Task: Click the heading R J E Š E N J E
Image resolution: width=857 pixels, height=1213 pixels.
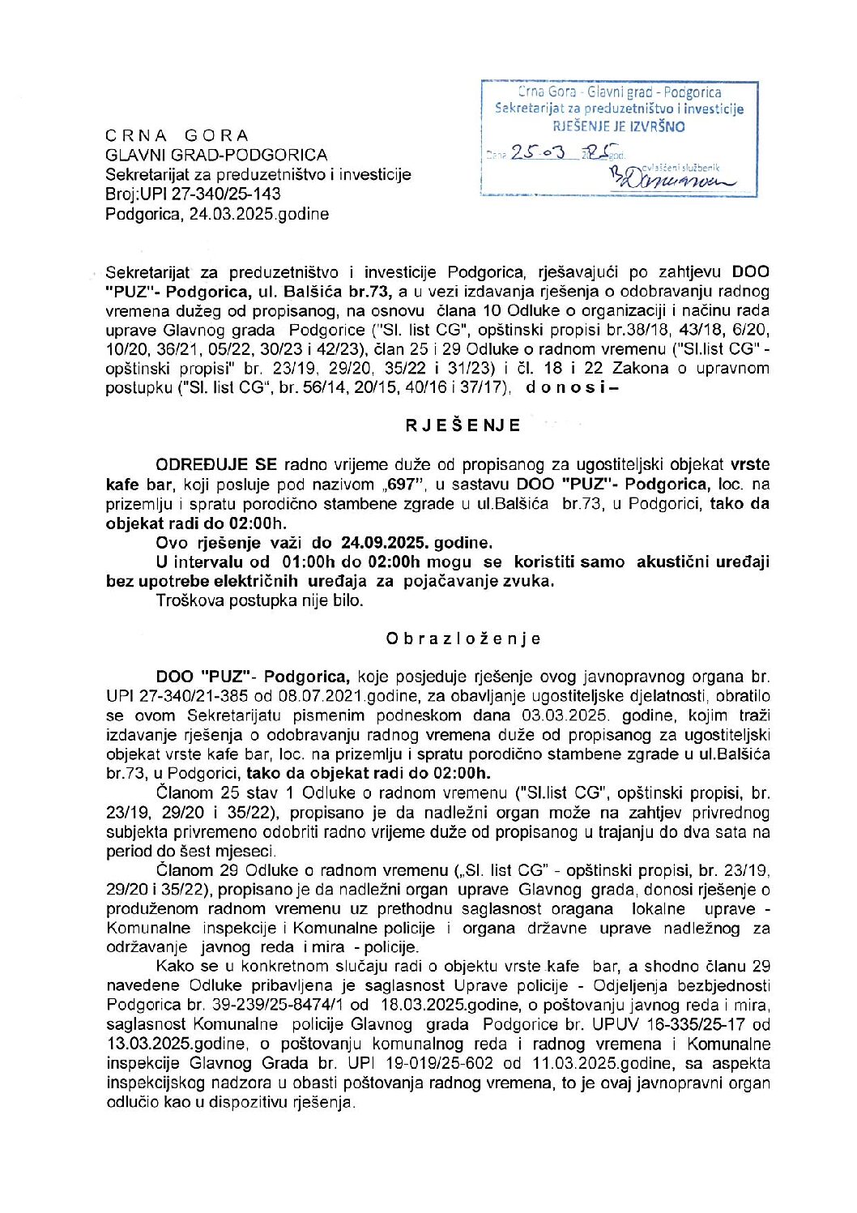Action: [x=463, y=425]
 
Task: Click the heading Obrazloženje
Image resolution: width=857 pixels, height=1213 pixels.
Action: [x=463, y=639]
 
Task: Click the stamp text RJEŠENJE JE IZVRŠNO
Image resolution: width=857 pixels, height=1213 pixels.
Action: [x=619, y=126]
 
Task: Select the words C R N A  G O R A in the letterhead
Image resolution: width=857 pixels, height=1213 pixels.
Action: [x=177, y=135]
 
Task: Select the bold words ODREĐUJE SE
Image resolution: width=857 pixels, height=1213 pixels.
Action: [x=215, y=465]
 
